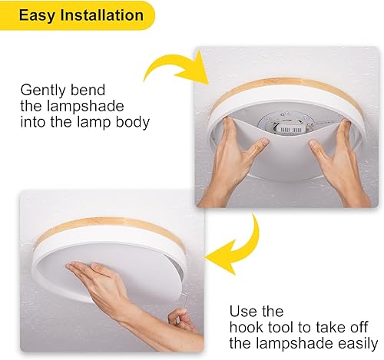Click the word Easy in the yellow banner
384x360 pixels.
(x=35, y=15)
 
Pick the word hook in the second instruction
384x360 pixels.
(x=247, y=327)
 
